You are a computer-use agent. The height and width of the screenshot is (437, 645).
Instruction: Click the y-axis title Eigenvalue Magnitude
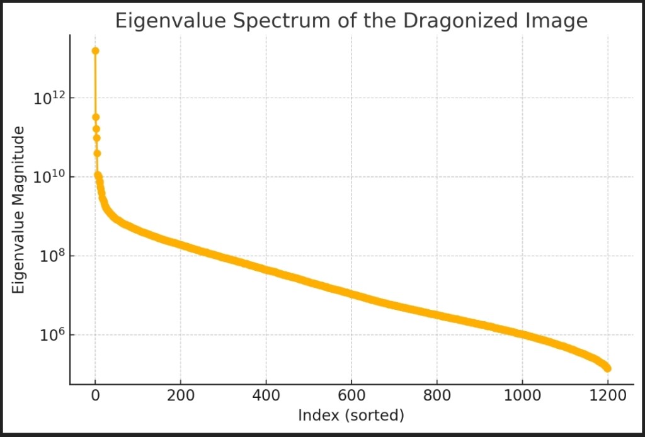18,210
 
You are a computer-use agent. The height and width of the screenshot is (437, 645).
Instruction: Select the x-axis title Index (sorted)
351,415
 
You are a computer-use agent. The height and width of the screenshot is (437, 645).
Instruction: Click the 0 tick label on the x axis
95,396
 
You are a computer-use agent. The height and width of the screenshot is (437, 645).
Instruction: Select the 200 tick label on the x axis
180,396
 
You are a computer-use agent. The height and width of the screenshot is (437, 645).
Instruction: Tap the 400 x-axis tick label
266,396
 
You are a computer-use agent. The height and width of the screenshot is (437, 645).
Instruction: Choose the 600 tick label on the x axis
351,396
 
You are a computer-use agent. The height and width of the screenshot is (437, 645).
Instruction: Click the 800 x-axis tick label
437,396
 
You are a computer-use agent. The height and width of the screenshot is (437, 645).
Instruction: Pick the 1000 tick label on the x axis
522,396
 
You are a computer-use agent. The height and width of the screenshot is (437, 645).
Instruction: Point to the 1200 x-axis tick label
608,396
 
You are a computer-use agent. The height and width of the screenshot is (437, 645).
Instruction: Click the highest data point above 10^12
95,51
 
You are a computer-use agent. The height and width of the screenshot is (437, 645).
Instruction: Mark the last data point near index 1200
608,368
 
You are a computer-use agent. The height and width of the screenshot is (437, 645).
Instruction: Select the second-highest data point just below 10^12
96,117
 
